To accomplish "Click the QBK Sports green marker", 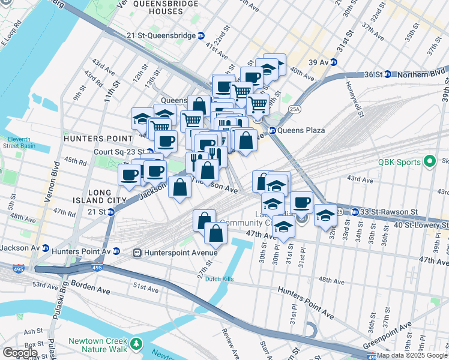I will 429,161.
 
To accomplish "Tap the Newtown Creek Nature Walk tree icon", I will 137,344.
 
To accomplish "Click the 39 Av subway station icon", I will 334,62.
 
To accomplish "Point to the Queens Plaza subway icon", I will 272,130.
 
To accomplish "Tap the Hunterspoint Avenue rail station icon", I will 137,253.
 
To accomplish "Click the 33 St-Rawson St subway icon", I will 355,212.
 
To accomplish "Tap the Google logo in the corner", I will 20,352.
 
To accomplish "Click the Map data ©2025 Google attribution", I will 411,355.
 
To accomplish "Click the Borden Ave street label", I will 91,286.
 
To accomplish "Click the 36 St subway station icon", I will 387,74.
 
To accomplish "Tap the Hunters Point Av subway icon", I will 116,251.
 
